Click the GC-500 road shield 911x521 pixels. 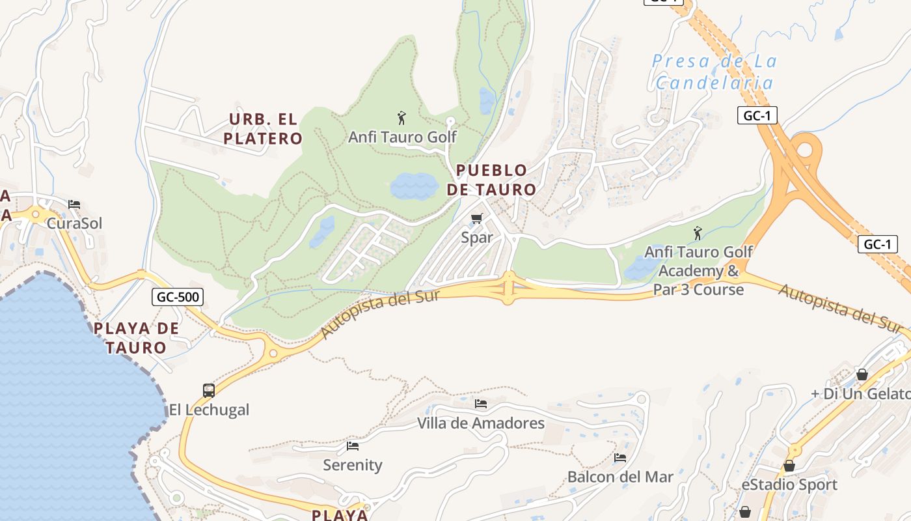[178, 298]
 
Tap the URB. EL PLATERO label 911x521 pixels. [263, 129]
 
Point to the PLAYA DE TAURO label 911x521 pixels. [136, 337]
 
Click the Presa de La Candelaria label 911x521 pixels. [714, 72]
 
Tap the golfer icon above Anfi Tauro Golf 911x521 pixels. [401, 118]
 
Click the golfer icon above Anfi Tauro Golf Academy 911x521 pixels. [698, 232]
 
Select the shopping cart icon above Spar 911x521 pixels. [477, 218]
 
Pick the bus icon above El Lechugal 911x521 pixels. [209, 390]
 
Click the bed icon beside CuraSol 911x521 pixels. [74, 204]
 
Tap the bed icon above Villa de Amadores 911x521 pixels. [481, 404]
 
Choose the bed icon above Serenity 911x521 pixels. [353, 446]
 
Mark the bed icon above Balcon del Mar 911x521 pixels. [620, 458]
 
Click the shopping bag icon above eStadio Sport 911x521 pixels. [789, 466]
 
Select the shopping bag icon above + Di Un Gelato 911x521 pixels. [862, 374]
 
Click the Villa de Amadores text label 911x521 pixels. [481, 423]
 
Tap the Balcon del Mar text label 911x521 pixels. [620, 477]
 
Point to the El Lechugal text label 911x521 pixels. [209, 410]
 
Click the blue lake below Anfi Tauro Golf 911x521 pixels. [415, 186]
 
